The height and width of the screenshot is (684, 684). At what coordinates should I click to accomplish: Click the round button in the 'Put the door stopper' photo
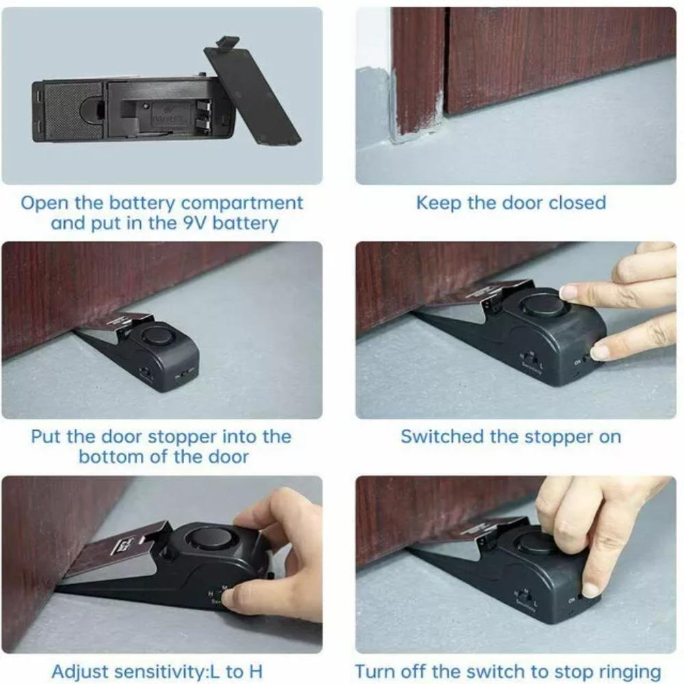point(157,335)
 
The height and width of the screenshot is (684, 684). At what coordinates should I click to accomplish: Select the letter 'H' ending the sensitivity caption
point(255,671)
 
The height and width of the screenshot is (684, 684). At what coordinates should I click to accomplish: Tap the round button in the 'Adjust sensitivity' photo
point(210,536)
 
